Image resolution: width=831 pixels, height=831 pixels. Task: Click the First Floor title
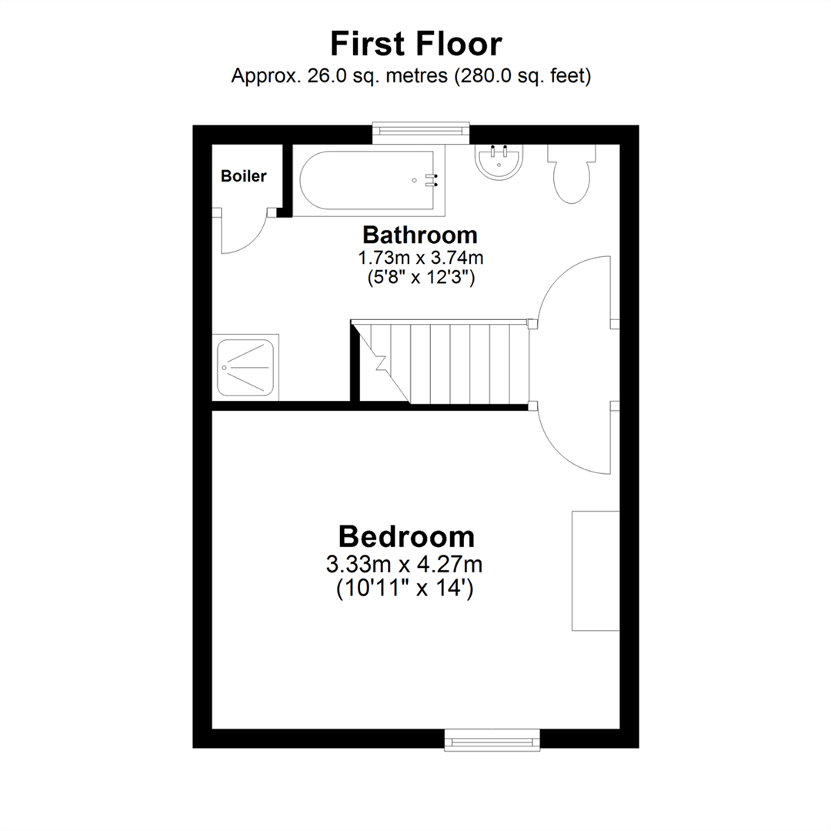(x=415, y=44)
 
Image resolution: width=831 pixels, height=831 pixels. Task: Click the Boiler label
(x=243, y=176)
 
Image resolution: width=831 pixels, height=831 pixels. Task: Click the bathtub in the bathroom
(x=369, y=182)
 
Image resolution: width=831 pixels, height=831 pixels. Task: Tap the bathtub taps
(x=432, y=180)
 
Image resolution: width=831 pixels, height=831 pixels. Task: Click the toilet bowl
(x=571, y=181)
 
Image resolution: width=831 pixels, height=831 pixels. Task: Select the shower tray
(x=246, y=368)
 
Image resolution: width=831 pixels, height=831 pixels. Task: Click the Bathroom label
(x=419, y=234)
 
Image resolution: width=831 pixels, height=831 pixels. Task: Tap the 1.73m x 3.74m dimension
(x=419, y=257)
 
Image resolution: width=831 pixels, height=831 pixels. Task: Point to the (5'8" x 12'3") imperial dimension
(x=419, y=278)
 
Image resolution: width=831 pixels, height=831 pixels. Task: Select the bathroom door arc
(x=573, y=292)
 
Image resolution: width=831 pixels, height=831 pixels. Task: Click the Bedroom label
(x=406, y=536)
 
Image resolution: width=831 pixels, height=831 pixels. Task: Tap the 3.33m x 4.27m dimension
(x=405, y=566)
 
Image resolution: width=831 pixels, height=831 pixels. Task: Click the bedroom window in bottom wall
(x=492, y=742)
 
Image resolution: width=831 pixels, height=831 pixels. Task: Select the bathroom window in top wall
(x=421, y=132)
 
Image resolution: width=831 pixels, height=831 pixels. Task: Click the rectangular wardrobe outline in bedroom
(x=595, y=569)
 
